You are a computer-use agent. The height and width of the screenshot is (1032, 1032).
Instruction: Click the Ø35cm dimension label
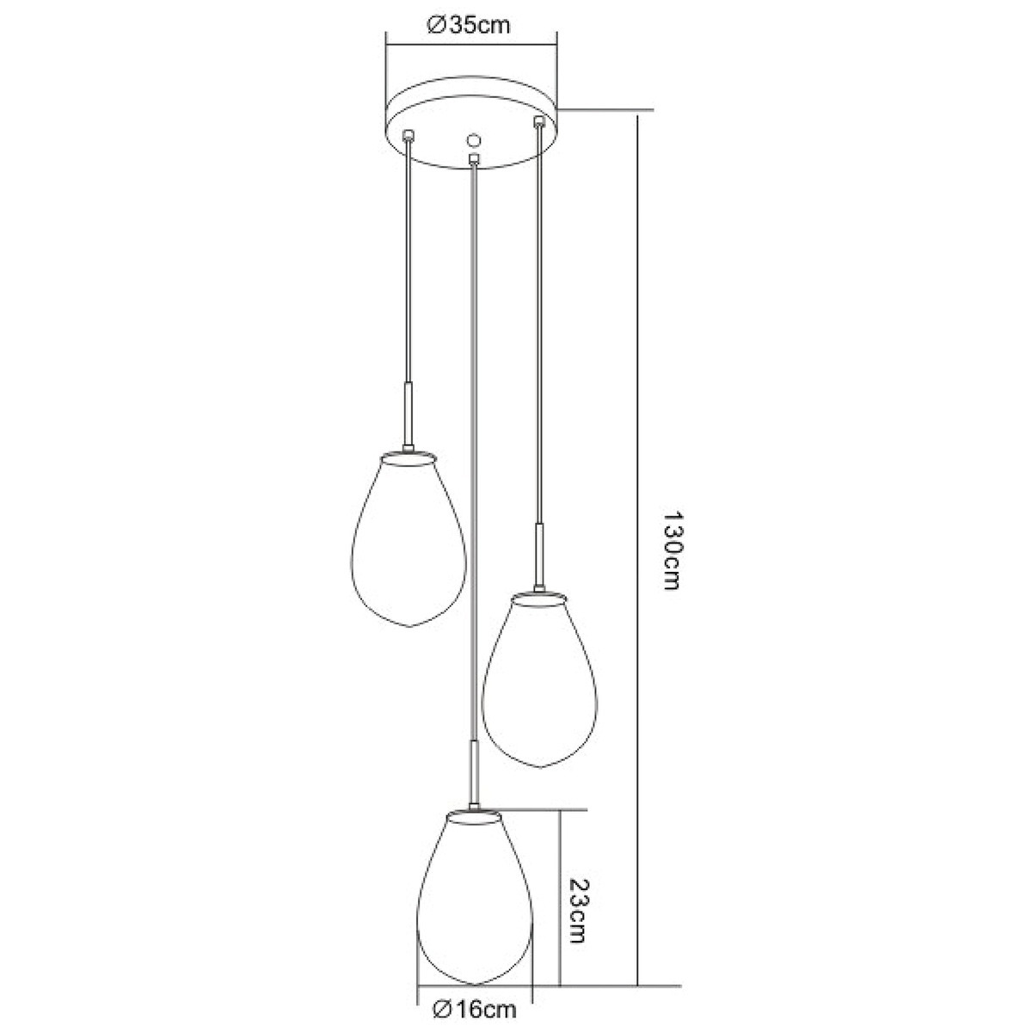(x=469, y=26)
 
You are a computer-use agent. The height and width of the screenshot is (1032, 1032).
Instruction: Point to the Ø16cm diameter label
(x=475, y=1010)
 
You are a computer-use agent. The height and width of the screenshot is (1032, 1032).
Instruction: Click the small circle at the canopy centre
(x=473, y=140)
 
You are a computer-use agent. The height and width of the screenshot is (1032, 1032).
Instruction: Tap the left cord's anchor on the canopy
(x=408, y=134)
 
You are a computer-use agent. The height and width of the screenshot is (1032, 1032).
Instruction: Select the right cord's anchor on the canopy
(x=538, y=121)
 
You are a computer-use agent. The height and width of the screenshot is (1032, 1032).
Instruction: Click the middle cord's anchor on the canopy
(x=473, y=158)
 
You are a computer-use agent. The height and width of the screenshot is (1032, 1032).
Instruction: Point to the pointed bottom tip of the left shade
(x=408, y=627)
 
